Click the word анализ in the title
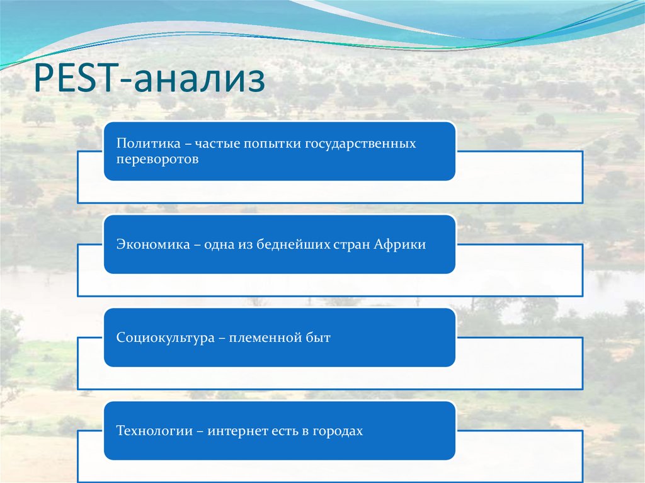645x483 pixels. [200, 79]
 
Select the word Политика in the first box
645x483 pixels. [149, 143]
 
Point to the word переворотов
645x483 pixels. [157, 159]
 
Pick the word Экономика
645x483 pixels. [153, 244]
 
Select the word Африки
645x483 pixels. [400, 244]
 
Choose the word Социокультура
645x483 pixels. [166, 338]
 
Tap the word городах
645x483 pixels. [338, 431]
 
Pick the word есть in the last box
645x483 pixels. [285, 431]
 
